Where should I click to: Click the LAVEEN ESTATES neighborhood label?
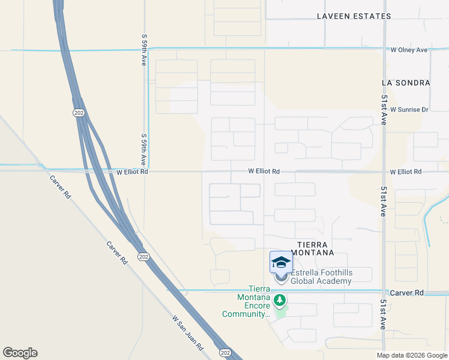354,16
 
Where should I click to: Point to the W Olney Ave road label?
408,50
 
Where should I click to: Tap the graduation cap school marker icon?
281,262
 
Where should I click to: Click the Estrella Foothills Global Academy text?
321,276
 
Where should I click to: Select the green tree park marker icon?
279,299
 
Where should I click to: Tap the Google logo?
20,353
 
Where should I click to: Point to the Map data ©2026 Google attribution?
412,355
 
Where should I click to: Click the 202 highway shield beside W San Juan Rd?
224,352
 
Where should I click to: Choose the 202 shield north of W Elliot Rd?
79,112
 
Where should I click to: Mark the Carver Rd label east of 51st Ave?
406,292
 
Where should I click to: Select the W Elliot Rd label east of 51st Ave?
405,172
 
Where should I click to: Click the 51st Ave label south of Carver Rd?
383,314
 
